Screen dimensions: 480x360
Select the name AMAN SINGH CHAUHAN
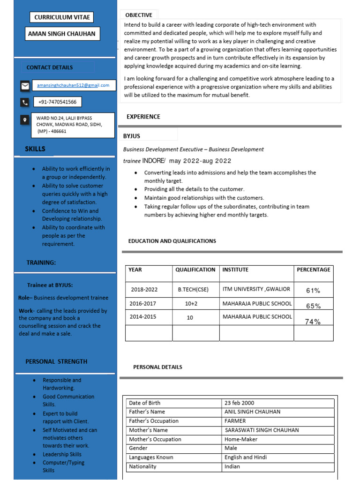click(61, 34)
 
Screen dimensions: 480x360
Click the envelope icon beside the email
click(25, 85)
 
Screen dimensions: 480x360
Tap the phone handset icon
click(25, 102)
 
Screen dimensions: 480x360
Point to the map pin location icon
click(25, 120)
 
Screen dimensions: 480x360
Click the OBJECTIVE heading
click(139, 15)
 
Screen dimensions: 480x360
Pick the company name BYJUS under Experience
click(132, 136)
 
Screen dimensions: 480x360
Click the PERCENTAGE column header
click(313, 270)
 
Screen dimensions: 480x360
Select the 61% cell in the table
click(313, 291)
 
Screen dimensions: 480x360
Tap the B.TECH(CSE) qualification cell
click(194, 290)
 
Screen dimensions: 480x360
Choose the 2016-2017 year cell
click(143, 303)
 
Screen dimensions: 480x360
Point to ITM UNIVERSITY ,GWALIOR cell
click(256, 289)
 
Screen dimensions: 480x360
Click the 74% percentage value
click(313, 322)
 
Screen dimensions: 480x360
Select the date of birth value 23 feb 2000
click(239, 403)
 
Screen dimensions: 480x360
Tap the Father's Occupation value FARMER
click(235, 421)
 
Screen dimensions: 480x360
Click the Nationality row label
click(142, 466)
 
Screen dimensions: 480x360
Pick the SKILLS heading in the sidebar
click(35, 149)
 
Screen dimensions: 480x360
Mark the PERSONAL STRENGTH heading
click(56, 361)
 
